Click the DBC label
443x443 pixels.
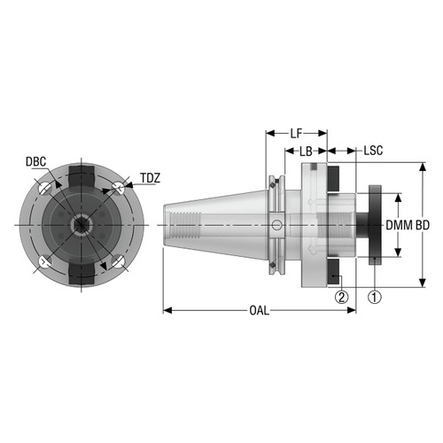click(36, 162)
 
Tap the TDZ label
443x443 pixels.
click(149, 178)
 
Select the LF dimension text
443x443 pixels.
click(296, 134)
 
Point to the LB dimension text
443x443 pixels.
click(306, 152)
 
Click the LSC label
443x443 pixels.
click(373, 152)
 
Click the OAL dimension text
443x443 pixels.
click(259, 310)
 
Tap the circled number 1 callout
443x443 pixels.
click(375, 297)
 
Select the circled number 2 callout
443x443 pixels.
click(341, 297)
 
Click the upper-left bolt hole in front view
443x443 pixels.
click(44, 189)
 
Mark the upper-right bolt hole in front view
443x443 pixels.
click(118, 188)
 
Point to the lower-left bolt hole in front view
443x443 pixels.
click(44, 262)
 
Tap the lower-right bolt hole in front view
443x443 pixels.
click(118, 262)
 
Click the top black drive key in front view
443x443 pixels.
click(82, 174)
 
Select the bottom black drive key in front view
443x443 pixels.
click(82, 276)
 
